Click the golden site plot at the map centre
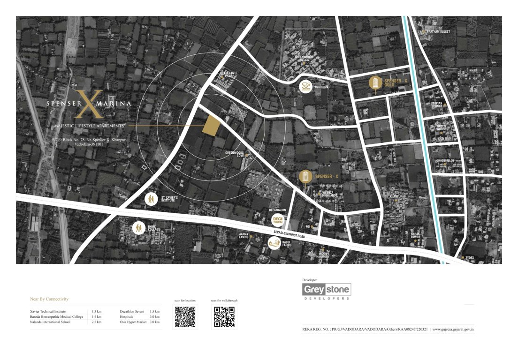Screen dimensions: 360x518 point(212,126)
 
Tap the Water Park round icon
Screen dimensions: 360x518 point(306,87)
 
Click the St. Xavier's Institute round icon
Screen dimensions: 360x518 point(151,199)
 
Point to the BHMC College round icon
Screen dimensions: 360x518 point(139,228)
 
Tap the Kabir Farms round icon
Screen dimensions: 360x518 point(274,243)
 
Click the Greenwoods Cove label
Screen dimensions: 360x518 point(236,154)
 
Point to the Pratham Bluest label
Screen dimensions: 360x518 point(438,31)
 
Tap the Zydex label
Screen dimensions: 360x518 point(469,258)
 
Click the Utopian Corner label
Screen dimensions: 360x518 point(436,105)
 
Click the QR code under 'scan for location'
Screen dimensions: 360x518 point(185,316)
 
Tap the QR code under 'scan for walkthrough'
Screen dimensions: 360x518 point(224,316)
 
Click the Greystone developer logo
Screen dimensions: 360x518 point(327,290)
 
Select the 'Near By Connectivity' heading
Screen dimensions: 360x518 point(49,299)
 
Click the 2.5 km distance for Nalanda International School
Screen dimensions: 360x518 point(97,322)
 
